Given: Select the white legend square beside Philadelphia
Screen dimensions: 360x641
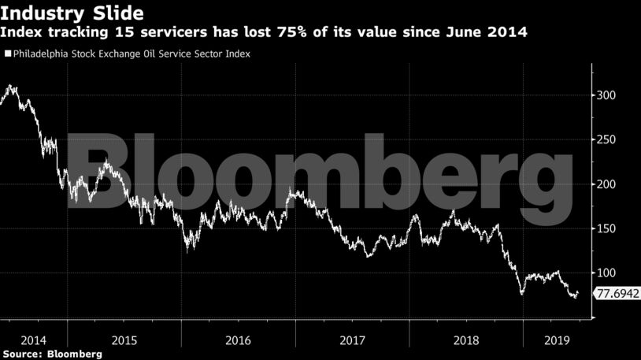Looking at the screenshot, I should click(8, 54).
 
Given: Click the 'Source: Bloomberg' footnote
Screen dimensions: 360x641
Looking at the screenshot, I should click(51, 354).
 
